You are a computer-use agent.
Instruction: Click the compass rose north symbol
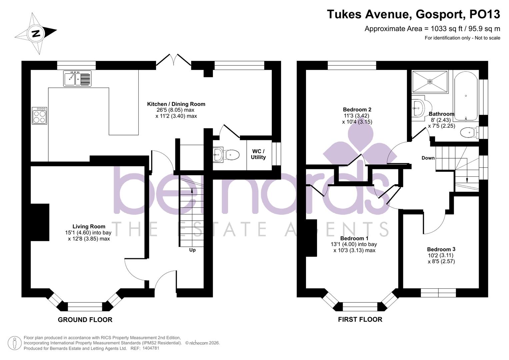pyautogui.click(x=36, y=33)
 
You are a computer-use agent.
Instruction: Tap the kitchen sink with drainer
pyautogui.click(x=77, y=79)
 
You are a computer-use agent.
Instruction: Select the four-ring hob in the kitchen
pyautogui.click(x=39, y=116)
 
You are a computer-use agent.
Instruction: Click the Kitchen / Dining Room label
pyautogui.click(x=176, y=104)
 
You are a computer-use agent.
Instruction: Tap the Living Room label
pyautogui.click(x=89, y=226)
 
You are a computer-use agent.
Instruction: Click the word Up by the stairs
pyautogui.click(x=192, y=250)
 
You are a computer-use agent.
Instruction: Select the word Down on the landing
pyautogui.click(x=428, y=158)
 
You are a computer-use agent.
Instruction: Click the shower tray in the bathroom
pyautogui.click(x=430, y=81)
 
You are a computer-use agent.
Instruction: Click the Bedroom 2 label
pyautogui.click(x=357, y=109)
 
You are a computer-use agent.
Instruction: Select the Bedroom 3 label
pyautogui.click(x=441, y=249)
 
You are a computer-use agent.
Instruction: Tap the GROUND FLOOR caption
pyautogui.click(x=85, y=320)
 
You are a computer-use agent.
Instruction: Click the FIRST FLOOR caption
pyautogui.click(x=360, y=319)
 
